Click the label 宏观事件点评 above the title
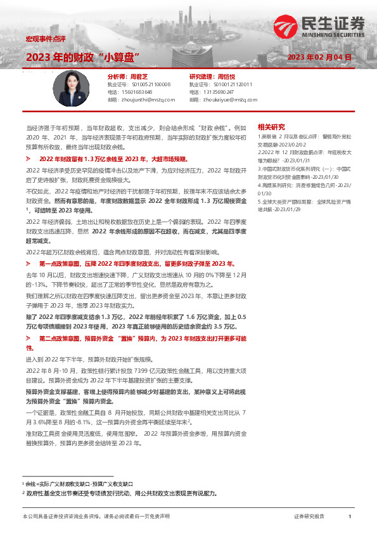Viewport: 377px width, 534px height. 45,39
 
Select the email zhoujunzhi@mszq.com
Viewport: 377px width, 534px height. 137,100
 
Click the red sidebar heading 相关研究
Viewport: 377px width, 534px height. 272,126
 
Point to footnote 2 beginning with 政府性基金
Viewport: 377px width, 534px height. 120,492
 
